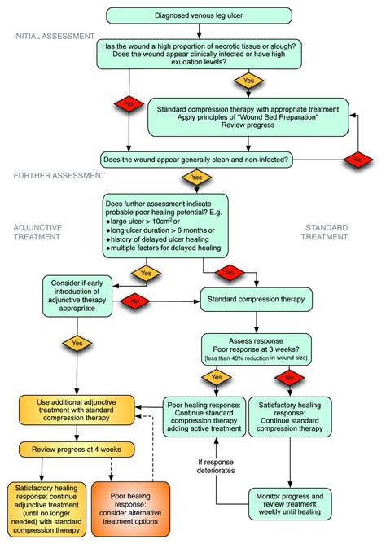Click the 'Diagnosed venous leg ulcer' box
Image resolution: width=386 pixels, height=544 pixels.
(x=193, y=15)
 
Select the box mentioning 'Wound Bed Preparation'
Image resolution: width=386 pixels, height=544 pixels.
(x=248, y=117)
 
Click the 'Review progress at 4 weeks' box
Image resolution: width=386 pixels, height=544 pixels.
(x=77, y=449)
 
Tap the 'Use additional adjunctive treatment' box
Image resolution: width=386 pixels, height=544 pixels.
(x=77, y=410)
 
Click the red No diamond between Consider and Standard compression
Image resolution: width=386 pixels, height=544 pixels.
(x=134, y=303)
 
